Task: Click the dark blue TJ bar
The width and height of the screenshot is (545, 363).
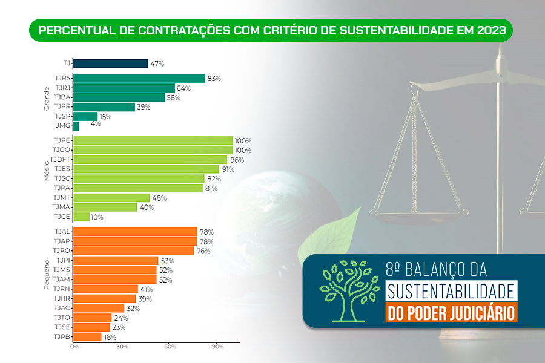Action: (x=111, y=63)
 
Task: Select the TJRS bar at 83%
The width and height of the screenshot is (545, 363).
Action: (x=139, y=78)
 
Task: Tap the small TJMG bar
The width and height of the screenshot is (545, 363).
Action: (x=76, y=126)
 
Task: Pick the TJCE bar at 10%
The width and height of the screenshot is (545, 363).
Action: (x=81, y=217)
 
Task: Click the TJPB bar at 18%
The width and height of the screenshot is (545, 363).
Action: (x=87, y=336)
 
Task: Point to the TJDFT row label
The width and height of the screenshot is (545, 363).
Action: (x=61, y=159)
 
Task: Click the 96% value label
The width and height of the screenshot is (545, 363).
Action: (x=236, y=160)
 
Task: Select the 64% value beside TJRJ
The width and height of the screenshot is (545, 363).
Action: (x=183, y=88)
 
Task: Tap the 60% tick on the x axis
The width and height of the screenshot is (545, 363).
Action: (x=170, y=347)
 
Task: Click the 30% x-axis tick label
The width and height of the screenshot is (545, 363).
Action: (x=122, y=347)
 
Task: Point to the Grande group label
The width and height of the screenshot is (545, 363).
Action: (x=47, y=99)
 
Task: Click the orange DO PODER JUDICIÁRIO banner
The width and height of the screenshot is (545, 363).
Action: (x=451, y=313)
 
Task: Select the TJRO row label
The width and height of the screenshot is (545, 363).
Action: (x=62, y=250)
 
